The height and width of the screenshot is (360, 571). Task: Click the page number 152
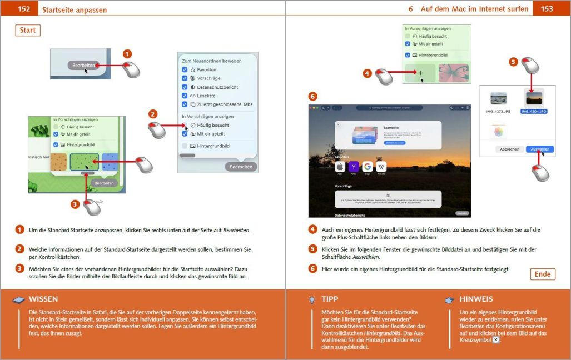pyautogui.click(x=24, y=9)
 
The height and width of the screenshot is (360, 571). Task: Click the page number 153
pyautogui.click(x=547, y=9)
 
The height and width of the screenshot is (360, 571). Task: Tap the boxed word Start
pyautogui.click(x=28, y=30)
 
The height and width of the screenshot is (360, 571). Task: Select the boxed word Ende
pyautogui.click(x=542, y=274)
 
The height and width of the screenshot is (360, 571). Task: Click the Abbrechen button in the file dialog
pyautogui.click(x=509, y=149)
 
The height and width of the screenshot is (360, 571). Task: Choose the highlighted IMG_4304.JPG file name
pyautogui.click(x=534, y=111)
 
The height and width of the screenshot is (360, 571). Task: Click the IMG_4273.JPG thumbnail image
pyautogui.click(x=498, y=98)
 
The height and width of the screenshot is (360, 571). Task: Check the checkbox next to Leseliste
pyautogui.click(x=185, y=96)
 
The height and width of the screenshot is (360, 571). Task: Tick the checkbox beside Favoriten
pyautogui.click(x=185, y=70)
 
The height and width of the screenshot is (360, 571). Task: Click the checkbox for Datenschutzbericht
pyautogui.click(x=185, y=87)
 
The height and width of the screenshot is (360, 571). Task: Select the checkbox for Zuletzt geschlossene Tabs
pyautogui.click(x=185, y=104)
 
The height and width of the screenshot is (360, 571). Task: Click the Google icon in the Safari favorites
pyautogui.click(x=368, y=167)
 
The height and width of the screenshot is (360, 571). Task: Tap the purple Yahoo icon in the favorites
pyautogui.click(x=354, y=167)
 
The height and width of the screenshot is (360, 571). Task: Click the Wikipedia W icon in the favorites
pyautogui.click(x=381, y=167)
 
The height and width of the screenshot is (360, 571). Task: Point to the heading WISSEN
pyautogui.click(x=43, y=299)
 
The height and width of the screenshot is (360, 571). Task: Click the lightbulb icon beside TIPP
pyautogui.click(x=312, y=299)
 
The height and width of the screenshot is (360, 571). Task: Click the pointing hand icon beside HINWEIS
pyautogui.click(x=450, y=299)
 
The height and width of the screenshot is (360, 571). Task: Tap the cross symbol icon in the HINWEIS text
pyautogui.click(x=495, y=339)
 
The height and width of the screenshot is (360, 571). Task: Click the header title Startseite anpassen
pyautogui.click(x=75, y=10)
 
